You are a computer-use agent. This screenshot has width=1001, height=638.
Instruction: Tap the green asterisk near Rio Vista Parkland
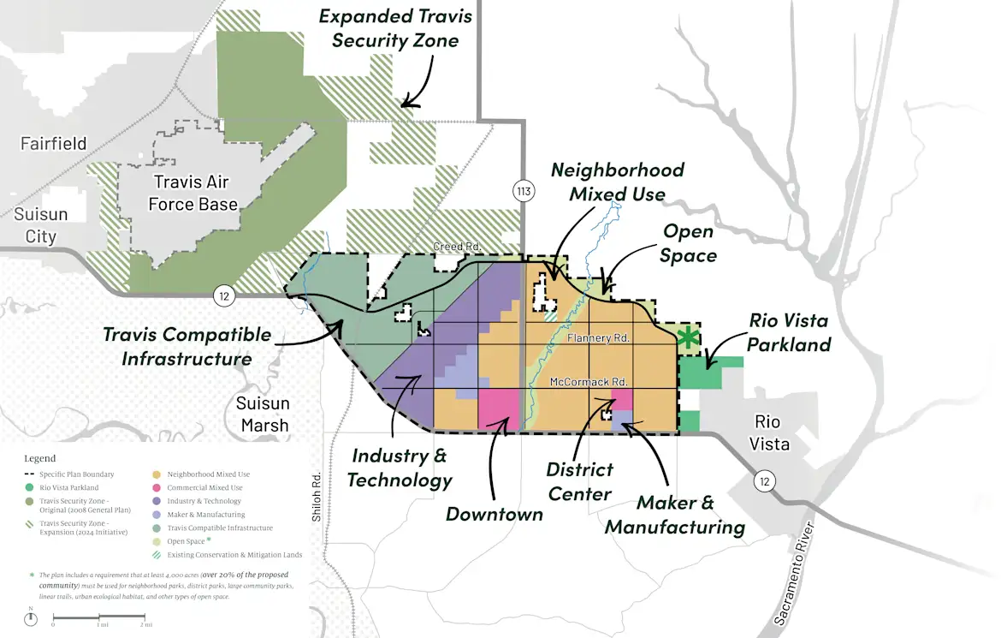point(686,337)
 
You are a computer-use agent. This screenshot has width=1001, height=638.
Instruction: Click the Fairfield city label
point(54,144)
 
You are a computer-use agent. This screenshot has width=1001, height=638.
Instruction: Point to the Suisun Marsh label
point(264,414)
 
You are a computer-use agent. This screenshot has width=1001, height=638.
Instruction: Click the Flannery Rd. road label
point(598,339)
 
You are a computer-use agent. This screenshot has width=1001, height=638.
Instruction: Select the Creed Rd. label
point(457,247)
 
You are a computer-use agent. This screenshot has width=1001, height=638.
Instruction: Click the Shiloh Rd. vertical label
point(316,497)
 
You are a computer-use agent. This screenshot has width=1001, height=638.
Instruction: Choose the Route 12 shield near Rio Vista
point(764,482)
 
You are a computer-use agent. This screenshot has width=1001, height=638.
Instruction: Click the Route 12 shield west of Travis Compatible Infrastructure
point(223,296)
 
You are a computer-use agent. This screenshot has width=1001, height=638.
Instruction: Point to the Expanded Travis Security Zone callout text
point(395,28)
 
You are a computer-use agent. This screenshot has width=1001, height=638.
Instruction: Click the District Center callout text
point(581,481)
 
